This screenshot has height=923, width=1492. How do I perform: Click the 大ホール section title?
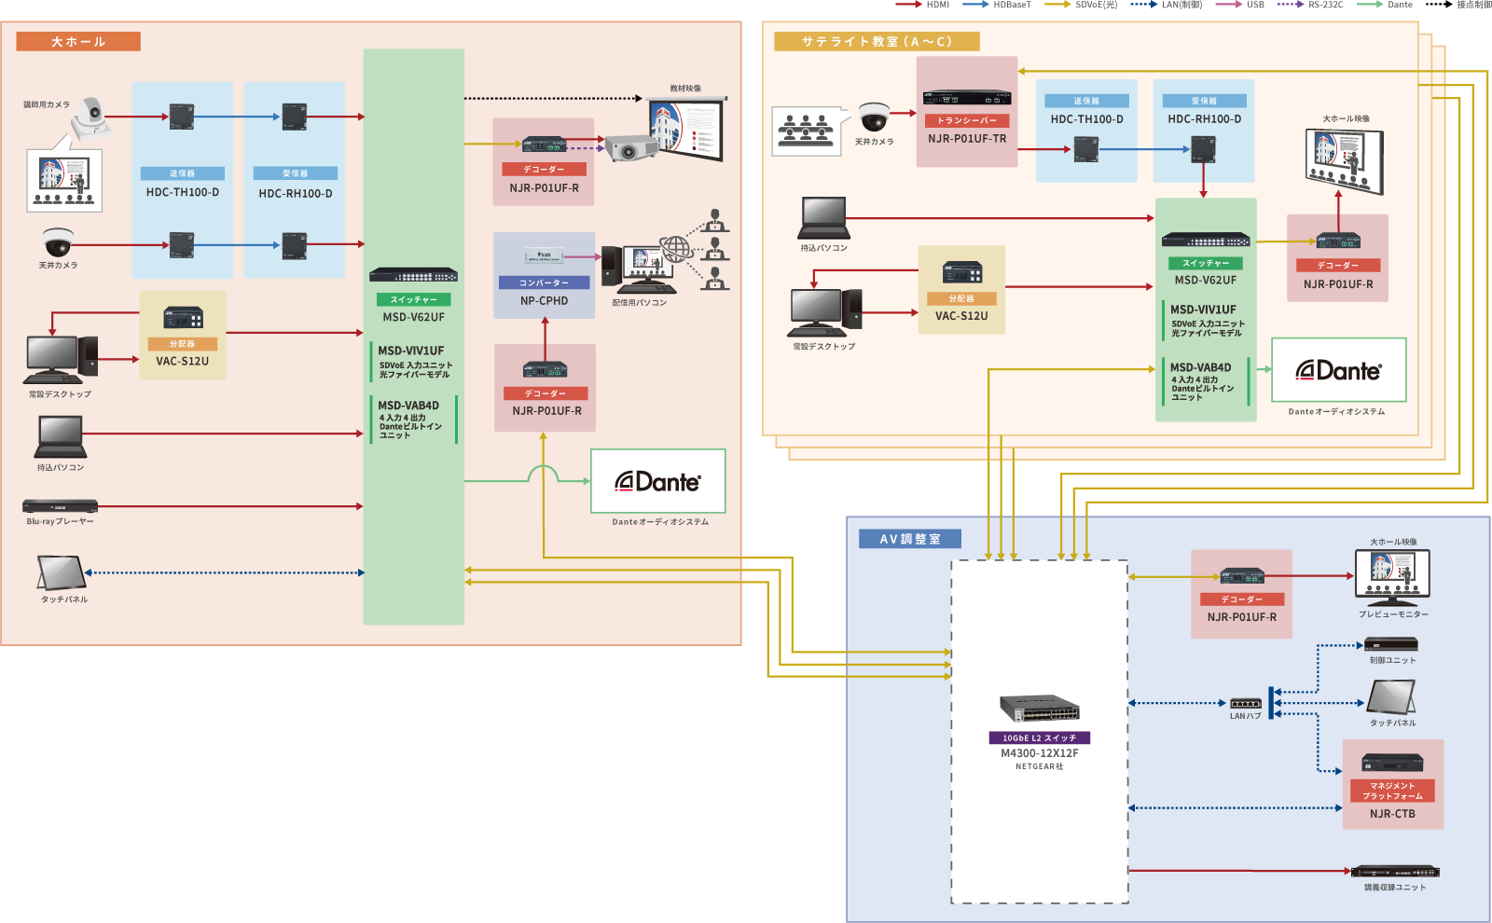78,42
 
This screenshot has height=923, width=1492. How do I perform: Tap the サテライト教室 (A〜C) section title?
877,42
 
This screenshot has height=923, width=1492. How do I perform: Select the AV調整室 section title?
910,539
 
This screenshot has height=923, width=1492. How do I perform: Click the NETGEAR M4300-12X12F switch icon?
1039,709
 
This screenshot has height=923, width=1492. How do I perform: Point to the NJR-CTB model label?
1392,814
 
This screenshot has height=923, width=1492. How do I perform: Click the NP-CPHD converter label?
544,301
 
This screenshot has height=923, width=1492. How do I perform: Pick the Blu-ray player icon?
60,506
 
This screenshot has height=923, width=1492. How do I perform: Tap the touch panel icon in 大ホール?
61,572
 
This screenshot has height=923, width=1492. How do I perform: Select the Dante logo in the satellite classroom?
1338,370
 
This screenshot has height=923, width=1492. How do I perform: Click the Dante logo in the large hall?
657,481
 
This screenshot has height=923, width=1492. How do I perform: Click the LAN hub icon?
1245,704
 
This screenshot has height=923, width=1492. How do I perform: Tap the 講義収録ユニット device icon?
1395,872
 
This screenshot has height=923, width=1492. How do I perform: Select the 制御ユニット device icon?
1391,644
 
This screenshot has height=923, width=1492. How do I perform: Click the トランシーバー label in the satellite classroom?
967,120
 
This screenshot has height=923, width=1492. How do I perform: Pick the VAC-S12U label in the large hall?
182,361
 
